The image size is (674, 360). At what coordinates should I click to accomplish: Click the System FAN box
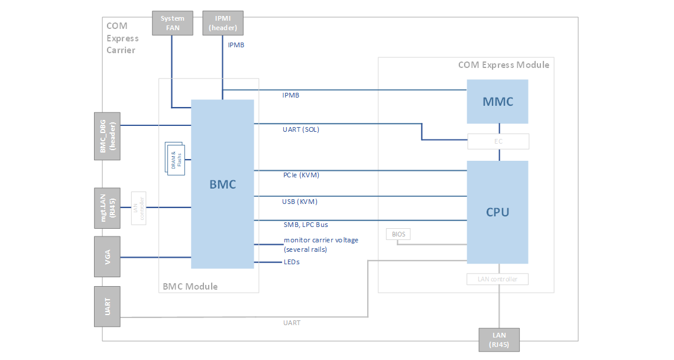point(173,23)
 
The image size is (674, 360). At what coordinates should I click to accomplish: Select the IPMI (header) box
point(223,23)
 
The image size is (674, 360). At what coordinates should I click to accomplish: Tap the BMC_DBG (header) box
point(107,136)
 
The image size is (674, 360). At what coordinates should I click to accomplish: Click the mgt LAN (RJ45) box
point(107,208)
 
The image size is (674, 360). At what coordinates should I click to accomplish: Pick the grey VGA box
point(107,257)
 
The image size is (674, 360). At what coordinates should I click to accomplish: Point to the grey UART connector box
point(107,306)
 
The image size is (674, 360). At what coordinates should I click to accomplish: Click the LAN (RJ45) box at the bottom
point(499,339)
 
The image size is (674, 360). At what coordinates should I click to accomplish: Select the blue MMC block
point(497,102)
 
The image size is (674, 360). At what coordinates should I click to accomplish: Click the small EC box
point(498,142)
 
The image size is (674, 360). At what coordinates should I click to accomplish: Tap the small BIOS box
point(398,235)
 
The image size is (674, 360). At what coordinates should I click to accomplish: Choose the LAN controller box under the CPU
point(497,279)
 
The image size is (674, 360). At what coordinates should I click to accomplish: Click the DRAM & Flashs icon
point(176,158)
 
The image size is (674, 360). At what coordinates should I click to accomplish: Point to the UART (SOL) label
point(301,129)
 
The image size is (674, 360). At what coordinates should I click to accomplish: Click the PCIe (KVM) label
point(301,175)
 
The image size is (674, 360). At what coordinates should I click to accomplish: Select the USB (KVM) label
point(300,202)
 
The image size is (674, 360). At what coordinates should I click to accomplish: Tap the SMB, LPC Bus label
point(306,225)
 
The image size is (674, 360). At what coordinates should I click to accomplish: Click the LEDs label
point(291,262)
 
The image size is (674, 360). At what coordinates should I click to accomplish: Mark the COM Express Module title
point(504,65)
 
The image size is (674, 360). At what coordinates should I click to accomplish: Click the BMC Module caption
point(190,287)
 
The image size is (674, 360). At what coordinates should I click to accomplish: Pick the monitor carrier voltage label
point(321,244)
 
